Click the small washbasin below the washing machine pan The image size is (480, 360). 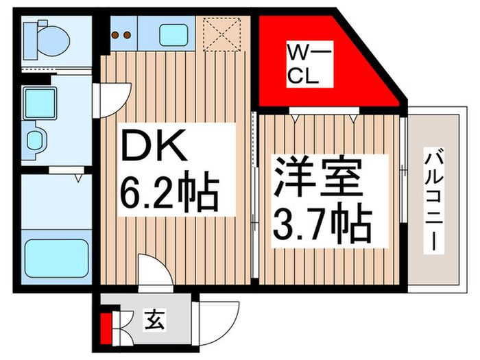click(35, 140)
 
